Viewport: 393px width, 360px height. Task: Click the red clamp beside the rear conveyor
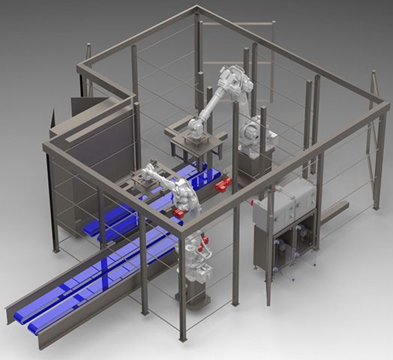222,185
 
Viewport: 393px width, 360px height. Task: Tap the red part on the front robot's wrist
179,214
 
